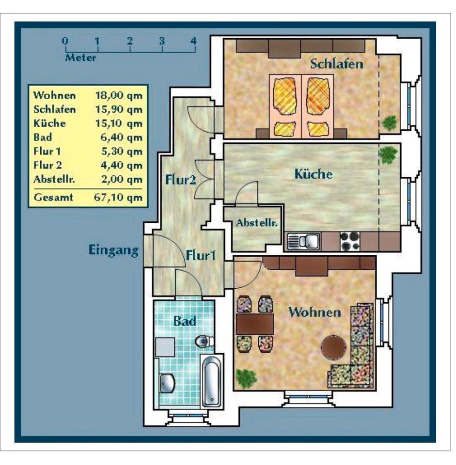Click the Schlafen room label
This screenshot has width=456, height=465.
(x=337, y=63)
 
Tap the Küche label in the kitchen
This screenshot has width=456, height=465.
(x=314, y=174)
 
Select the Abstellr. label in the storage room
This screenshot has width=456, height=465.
(x=257, y=223)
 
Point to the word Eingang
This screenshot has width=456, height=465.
(x=113, y=250)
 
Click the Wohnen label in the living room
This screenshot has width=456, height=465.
(x=314, y=312)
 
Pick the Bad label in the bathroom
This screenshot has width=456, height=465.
(x=185, y=321)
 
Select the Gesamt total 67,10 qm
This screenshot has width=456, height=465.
(x=118, y=197)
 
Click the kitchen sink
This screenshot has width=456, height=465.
(x=303, y=241)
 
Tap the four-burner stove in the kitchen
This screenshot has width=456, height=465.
(x=350, y=241)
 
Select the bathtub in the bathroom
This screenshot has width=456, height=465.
(x=212, y=381)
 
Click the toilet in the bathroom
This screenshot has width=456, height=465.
(x=204, y=341)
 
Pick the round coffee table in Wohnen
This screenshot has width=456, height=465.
(x=334, y=347)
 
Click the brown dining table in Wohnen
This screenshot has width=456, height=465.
(x=255, y=324)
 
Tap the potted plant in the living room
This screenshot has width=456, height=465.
(x=247, y=377)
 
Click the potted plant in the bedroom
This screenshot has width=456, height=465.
(x=389, y=123)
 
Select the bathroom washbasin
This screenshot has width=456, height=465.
(x=167, y=383)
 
